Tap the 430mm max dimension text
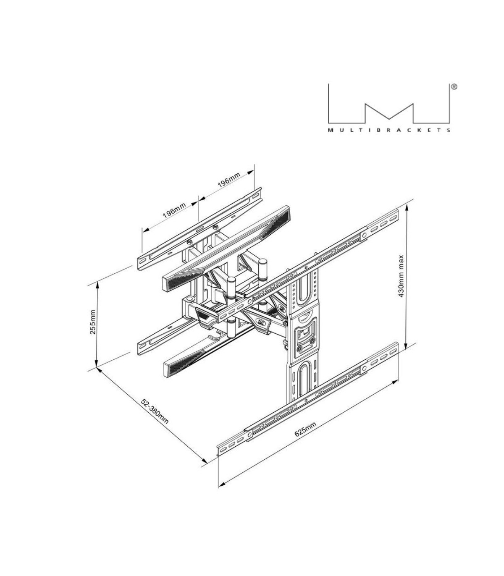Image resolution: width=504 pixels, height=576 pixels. tap(401, 276)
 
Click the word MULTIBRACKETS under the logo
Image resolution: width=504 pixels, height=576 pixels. tap(389, 130)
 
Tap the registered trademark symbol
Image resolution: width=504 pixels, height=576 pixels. tap(454, 87)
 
